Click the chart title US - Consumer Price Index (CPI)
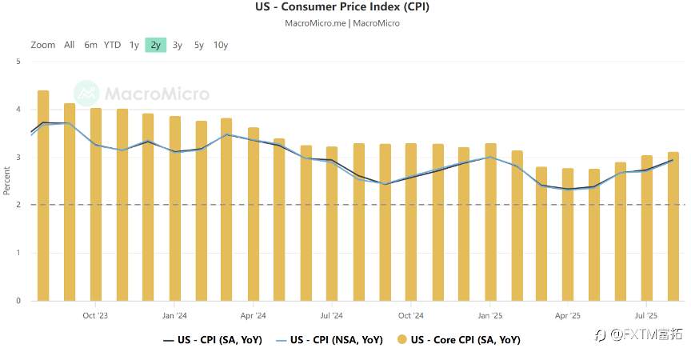coord(342,7)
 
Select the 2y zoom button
coord(154,45)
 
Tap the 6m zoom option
coord(91,45)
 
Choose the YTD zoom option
coord(112,45)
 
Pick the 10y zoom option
coord(221,45)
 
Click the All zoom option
coord(70,45)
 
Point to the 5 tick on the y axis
coord(18,61)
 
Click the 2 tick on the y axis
coord(18,205)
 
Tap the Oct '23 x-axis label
coord(95,315)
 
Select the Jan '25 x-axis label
coord(490,315)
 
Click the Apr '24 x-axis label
coord(253,315)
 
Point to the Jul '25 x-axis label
coord(645,315)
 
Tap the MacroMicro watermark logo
coord(142,94)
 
